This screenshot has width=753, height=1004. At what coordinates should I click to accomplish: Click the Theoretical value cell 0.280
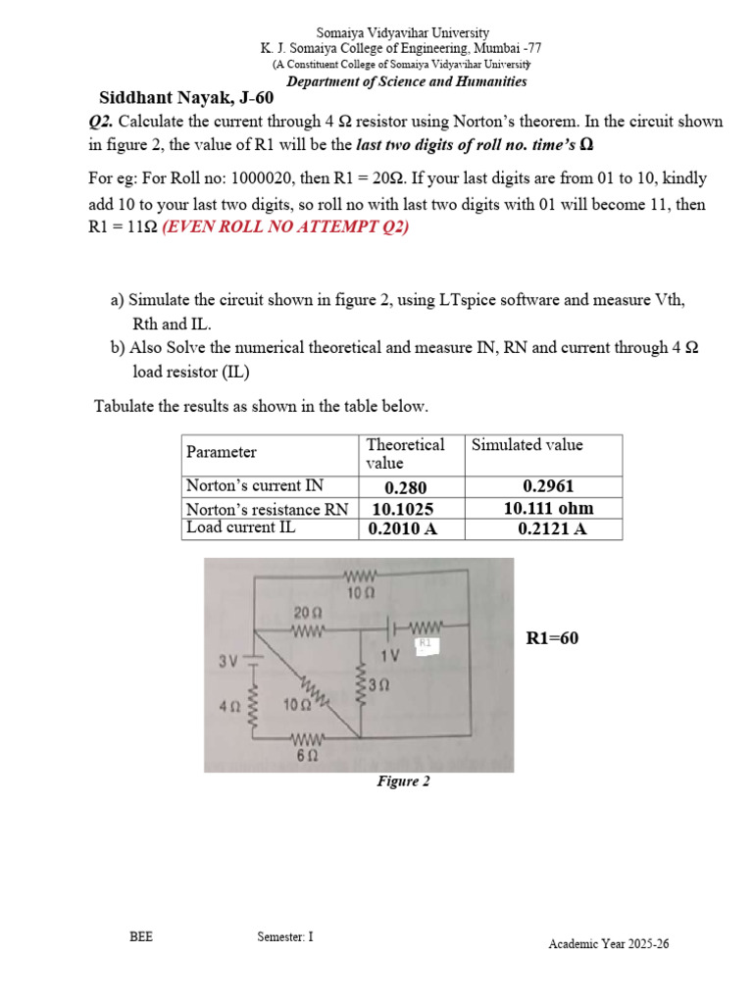tap(406, 488)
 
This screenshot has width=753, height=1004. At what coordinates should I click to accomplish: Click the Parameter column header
tap(222, 452)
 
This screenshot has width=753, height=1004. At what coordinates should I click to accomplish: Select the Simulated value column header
tap(527, 444)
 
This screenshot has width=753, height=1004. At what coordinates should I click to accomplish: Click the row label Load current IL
tap(241, 527)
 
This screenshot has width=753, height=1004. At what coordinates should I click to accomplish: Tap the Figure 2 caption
tap(404, 781)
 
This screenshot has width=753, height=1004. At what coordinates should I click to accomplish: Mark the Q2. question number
tap(100, 122)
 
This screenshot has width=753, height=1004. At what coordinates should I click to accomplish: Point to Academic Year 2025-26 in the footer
tap(609, 944)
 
